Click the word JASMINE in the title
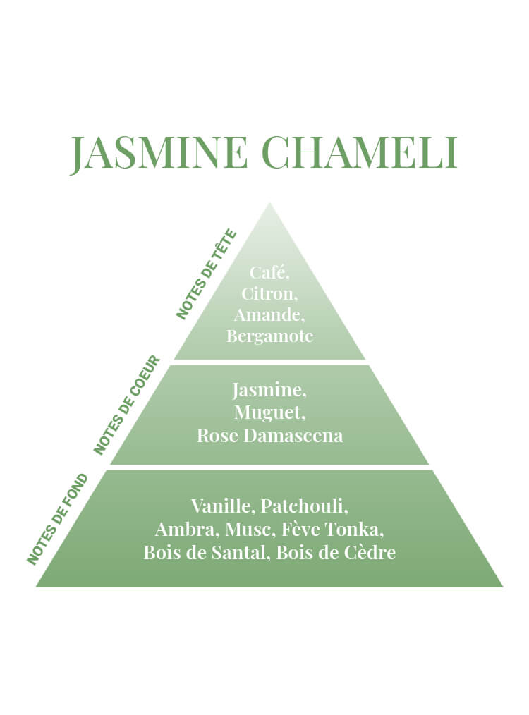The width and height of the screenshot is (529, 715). click(159, 152)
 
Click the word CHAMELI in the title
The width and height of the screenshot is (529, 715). click(360, 152)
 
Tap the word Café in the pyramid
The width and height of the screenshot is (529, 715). click(269, 272)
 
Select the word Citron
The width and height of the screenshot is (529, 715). click(269, 293)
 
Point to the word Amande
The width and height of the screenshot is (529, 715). click(269, 314)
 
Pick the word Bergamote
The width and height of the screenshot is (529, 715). click(270, 336)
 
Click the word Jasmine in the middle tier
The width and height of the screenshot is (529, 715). click(269, 391)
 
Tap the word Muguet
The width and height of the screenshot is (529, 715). click(269, 412)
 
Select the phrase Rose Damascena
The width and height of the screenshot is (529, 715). click(269, 436)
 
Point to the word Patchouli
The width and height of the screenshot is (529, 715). click(305, 506)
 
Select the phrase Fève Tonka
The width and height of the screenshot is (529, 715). click(333, 530)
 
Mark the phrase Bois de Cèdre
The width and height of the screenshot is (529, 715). click(336, 553)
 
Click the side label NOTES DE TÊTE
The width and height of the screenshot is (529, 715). click(207, 275)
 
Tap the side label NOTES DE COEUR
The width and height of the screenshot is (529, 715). click(127, 405)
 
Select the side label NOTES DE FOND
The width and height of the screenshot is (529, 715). click(57, 519)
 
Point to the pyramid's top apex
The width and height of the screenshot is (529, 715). click(270, 203)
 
